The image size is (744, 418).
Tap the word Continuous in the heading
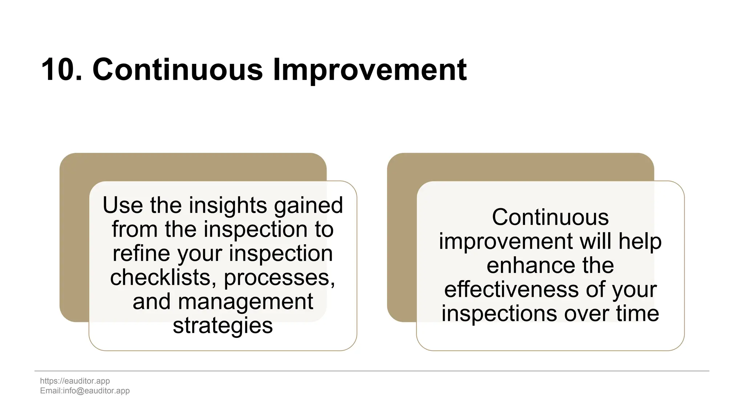click(x=177, y=70)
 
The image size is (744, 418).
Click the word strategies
click(x=223, y=325)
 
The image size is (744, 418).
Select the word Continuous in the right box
click(x=550, y=217)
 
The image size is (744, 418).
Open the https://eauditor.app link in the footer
click(x=75, y=381)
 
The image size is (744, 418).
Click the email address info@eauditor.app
click(x=96, y=391)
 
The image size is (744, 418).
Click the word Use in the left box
click(x=123, y=205)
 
